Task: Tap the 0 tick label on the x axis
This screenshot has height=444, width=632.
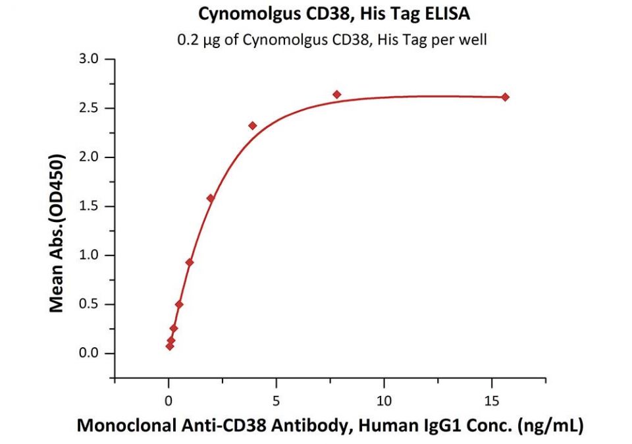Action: click(169, 400)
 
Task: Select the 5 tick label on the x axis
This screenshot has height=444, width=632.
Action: click(276, 400)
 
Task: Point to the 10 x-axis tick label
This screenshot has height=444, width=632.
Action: click(384, 400)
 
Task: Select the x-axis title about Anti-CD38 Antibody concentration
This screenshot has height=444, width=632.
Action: click(330, 426)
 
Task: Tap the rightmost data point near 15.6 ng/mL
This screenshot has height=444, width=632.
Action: click(506, 97)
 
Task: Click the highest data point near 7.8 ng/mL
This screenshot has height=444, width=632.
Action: click(337, 94)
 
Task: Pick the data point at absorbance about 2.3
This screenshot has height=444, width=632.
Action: click(253, 125)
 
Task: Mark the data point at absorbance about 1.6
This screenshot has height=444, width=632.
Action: click(211, 198)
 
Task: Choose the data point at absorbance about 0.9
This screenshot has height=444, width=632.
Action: click(190, 262)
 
